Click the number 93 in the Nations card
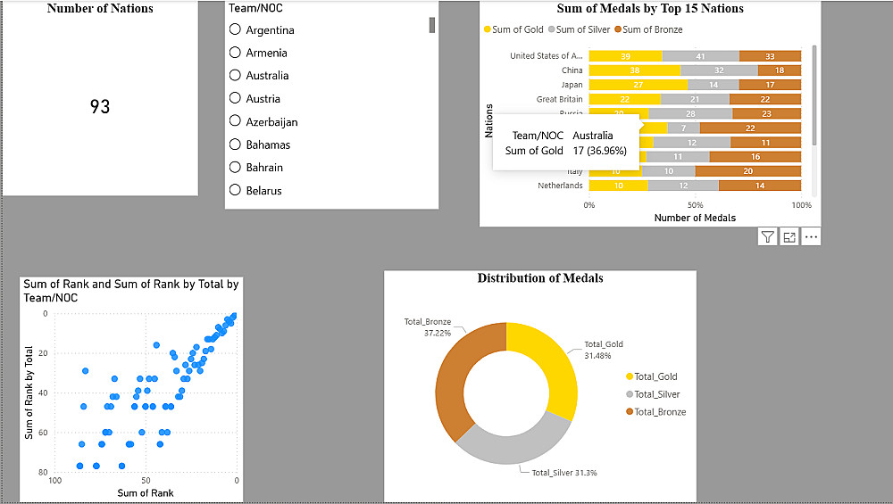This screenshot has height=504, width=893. tap(100, 107)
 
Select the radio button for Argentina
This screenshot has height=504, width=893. tap(236, 29)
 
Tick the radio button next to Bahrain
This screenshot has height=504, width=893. tap(236, 167)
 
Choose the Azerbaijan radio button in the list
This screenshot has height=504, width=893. tap(236, 121)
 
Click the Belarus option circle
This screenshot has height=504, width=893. tap(236, 190)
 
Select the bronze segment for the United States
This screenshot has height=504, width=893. tap(770, 56)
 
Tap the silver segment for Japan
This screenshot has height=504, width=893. tap(714, 85)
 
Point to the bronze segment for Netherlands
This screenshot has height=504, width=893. tap(760, 186)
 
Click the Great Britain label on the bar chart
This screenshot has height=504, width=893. tap(559, 99)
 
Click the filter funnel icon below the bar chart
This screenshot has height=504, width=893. tap(767, 236)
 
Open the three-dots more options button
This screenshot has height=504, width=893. tap(811, 236)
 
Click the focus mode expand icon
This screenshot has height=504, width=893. tap(789, 236)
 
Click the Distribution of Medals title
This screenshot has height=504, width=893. tap(540, 278)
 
